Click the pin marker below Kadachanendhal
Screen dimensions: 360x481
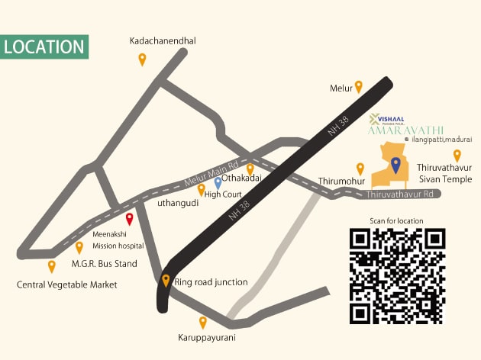142,59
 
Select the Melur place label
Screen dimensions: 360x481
341,88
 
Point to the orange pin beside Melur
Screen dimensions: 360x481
359,87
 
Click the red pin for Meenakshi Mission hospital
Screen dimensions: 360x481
129,220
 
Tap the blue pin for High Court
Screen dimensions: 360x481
218,182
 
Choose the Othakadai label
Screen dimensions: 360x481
242,178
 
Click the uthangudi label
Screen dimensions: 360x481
179,203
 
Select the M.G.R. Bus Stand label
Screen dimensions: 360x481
104,264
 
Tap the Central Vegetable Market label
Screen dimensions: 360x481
67,285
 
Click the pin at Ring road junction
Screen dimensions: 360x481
166,281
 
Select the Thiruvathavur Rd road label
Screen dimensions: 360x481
400,194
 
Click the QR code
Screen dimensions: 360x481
396,275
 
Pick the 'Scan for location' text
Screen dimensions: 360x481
396,220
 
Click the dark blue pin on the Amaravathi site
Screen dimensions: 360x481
395,164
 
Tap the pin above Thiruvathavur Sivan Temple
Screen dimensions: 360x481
457,155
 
